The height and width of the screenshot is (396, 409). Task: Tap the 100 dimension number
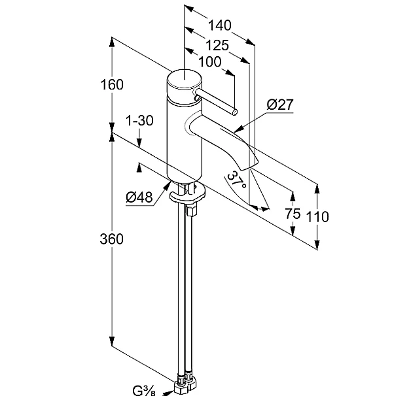[208, 62]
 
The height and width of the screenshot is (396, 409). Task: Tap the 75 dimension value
[293, 214]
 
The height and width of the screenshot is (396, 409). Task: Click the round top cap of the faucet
[183, 81]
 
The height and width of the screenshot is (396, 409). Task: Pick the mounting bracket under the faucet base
[187, 193]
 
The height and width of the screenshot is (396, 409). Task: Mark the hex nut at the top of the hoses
[192, 210]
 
